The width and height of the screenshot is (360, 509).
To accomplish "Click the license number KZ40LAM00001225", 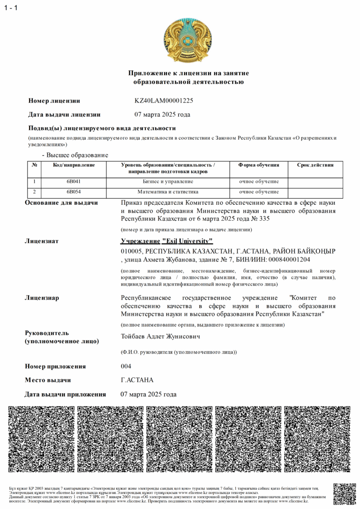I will (164, 101).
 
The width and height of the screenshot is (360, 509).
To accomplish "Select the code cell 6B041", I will (74, 181).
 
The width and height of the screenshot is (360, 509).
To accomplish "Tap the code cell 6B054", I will (74, 192).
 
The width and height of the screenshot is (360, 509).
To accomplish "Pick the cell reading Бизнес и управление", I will (168, 181).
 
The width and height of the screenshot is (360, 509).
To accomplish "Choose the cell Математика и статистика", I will (168, 192).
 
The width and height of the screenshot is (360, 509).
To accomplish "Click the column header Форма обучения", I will (258, 165).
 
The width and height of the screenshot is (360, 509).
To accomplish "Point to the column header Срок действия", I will (315, 165).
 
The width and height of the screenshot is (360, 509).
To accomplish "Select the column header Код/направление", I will (74, 165).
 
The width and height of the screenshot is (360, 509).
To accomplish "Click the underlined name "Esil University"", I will (187, 241).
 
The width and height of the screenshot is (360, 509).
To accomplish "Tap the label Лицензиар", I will (42, 298).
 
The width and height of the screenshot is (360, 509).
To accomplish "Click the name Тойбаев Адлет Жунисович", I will (160, 337).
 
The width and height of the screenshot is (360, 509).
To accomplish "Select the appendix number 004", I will (126, 366).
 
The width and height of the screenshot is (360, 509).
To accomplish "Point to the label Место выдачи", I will (48, 380).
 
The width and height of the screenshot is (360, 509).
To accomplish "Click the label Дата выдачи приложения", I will (65, 395).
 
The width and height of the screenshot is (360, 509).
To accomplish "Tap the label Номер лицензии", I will (54, 101).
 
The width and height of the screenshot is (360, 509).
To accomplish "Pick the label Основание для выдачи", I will (61, 202).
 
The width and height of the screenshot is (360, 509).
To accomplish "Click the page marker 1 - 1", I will (11, 7).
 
